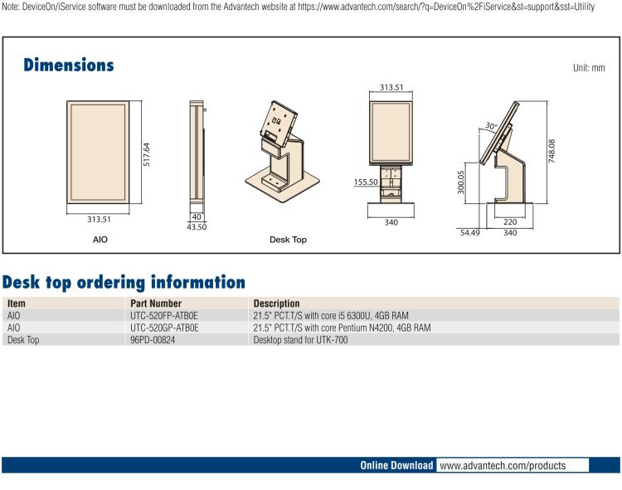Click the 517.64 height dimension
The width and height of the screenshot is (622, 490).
(x=146, y=153)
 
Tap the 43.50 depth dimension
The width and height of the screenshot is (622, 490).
(x=197, y=226)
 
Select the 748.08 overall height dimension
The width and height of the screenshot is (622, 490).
(x=552, y=153)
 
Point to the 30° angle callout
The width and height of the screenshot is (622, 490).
(x=491, y=127)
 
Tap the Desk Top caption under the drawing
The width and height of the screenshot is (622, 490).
(x=288, y=240)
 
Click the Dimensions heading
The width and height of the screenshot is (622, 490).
(x=69, y=65)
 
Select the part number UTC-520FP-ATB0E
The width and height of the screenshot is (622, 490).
(x=164, y=316)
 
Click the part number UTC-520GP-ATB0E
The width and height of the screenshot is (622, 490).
(x=164, y=327)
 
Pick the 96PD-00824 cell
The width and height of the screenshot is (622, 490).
(x=153, y=340)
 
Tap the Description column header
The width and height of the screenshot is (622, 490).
(x=276, y=303)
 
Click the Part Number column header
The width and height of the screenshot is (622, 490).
(x=156, y=303)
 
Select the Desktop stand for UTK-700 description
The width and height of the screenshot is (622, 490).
(x=301, y=340)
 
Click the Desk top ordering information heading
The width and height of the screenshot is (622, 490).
(x=124, y=282)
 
